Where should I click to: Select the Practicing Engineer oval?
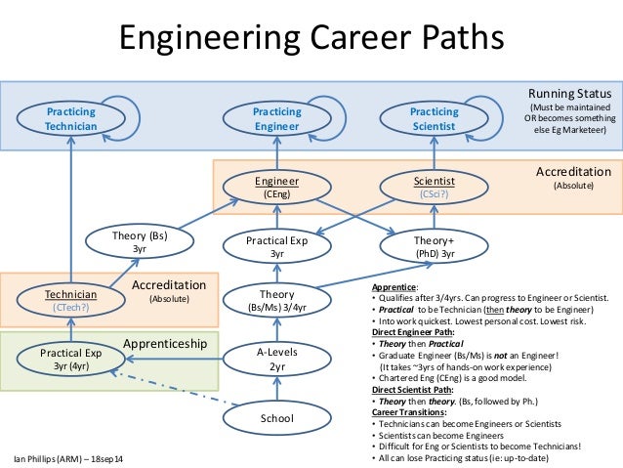point(276,119)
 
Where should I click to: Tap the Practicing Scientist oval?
point(434,119)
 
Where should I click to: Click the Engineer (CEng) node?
point(276,187)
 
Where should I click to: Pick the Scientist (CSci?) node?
point(434,187)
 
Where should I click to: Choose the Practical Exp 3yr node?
point(276,246)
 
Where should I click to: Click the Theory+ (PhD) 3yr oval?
point(434,246)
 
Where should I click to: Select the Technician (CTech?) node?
point(70,300)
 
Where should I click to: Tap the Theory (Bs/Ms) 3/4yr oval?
point(276,300)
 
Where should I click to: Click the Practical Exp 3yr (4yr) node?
point(70,359)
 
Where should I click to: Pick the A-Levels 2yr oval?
point(276,359)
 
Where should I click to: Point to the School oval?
point(276,418)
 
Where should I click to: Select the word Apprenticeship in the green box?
point(165,344)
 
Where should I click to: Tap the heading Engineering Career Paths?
point(311,37)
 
